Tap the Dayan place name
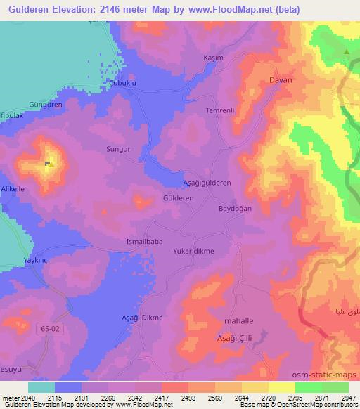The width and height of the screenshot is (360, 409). (x=281, y=80)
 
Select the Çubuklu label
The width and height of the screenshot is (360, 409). (x=121, y=82)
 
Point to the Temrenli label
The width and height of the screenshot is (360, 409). (x=218, y=111)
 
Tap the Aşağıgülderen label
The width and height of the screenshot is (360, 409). (x=207, y=182)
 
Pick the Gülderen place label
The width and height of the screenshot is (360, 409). (x=178, y=199)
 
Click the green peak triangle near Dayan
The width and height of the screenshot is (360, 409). (x=346, y=51)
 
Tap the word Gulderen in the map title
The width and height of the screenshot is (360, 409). (x=32, y=9)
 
